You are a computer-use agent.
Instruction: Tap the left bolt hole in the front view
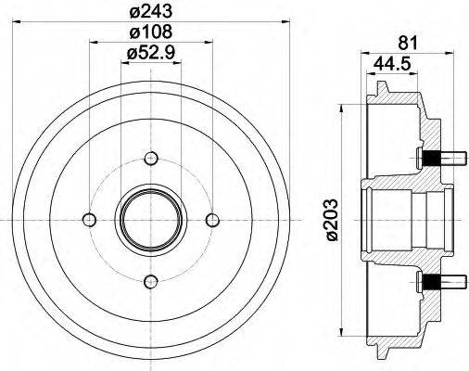(x=89, y=219)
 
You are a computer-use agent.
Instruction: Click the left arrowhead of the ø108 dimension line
(x=93, y=43)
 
